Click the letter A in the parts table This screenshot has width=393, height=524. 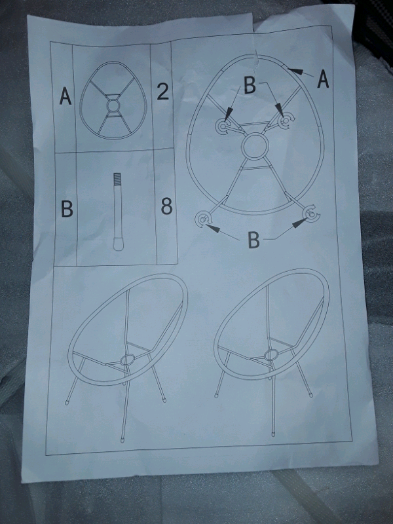pos(65,96)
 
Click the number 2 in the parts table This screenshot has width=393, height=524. pos(162,90)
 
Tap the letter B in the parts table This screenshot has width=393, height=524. pos(67,208)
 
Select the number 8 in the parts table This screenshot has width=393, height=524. pos(166,206)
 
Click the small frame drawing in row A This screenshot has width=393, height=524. pos(113,100)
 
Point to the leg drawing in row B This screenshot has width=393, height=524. pos(117,212)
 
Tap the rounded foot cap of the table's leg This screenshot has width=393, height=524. pos(118,244)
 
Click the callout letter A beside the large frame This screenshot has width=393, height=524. pos(323,79)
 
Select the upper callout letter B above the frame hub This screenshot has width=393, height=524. pos(250,85)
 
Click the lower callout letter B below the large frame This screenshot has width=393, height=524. pos(253,239)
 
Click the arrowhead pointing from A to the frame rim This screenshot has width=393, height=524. pos(295,71)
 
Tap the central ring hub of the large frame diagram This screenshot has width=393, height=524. pos(255,146)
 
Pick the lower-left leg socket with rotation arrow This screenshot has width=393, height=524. pos(203,219)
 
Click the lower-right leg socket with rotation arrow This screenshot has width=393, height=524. pos(312,214)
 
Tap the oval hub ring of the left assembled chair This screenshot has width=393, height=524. pos(127,360)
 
